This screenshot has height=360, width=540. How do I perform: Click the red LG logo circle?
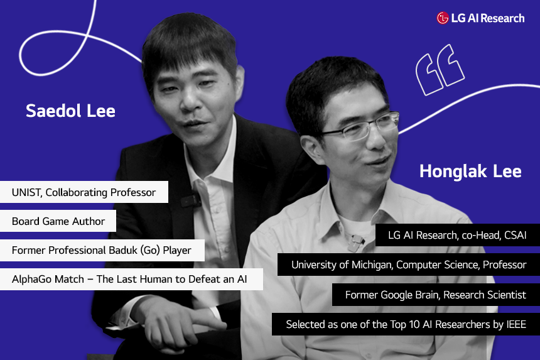[443, 18]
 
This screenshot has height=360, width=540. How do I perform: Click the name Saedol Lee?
[70, 111]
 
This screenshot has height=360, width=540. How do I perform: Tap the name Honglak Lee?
[470, 172]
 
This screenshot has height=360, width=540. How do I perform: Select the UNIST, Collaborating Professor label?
[84, 192]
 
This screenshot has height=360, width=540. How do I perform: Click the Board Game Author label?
[58, 221]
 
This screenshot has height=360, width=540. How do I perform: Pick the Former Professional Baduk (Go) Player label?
[102, 250]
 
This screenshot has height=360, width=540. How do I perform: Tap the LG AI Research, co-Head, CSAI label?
[457, 235]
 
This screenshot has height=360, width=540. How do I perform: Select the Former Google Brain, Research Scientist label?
[436, 295]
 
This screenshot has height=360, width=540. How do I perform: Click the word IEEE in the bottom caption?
[516, 325]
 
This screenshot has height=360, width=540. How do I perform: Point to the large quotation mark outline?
[440, 70]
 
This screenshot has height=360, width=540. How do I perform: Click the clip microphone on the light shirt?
[355, 242]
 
